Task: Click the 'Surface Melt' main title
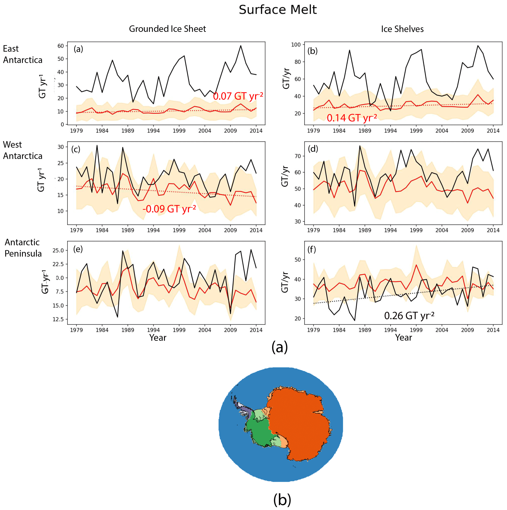[x=277, y=10]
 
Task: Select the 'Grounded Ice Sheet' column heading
[x=167, y=29]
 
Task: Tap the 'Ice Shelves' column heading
[x=402, y=29]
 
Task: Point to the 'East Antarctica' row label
[x=22, y=54]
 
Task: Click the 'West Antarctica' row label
[x=22, y=150]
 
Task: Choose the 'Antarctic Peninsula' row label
[x=23, y=248]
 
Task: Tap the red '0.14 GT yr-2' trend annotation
[x=352, y=118]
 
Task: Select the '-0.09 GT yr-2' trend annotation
[x=169, y=209]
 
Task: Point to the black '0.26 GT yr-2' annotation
[x=409, y=316]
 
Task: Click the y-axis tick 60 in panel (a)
[x=61, y=46]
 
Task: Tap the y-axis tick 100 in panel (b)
[x=296, y=45]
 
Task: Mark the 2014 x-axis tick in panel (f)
[x=493, y=330]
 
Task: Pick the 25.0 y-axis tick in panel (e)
[x=58, y=250]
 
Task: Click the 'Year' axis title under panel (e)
[x=158, y=338]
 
